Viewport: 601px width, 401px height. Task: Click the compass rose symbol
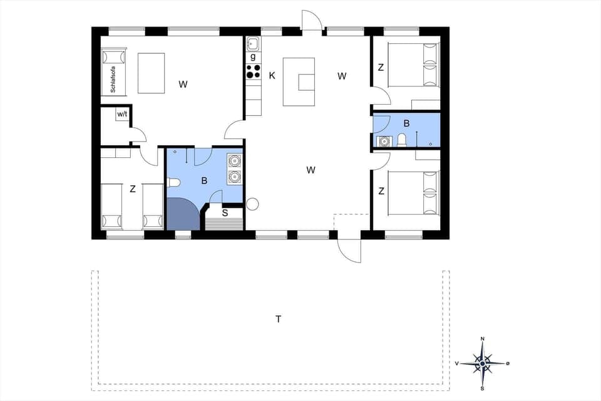click(x=482, y=363)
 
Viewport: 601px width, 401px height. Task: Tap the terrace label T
click(x=279, y=320)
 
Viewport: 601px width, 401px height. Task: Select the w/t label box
click(x=122, y=115)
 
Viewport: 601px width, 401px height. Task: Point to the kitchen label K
click(x=272, y=76)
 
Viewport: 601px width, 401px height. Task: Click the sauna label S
click(x=224, y=212)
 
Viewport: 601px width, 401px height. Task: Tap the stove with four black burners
click(x=253, y=71)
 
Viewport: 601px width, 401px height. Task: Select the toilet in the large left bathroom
click(x=173, y=182)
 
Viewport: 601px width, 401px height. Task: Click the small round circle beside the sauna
click(x=252, y=204)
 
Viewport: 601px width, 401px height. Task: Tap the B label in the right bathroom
click(x=406, y=123)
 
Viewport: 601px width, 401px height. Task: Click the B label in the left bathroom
click(x=204, y=181)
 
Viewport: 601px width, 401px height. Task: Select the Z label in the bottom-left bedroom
click(x=133, y=189)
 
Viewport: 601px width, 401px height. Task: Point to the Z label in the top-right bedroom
click(x=381, y=67)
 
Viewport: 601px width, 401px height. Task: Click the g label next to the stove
click(x=253, y=56)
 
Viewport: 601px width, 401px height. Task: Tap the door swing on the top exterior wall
click(x=311, y=20)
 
